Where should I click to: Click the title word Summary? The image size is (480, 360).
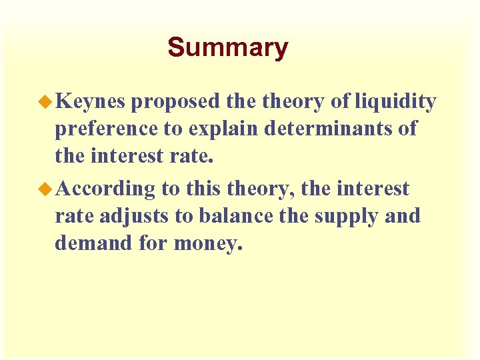tap(227, 47)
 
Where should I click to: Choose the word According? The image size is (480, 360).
tap(105, 189)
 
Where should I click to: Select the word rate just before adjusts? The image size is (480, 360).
tap(74, 217)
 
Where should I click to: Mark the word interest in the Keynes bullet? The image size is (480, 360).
tap(125, 157)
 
